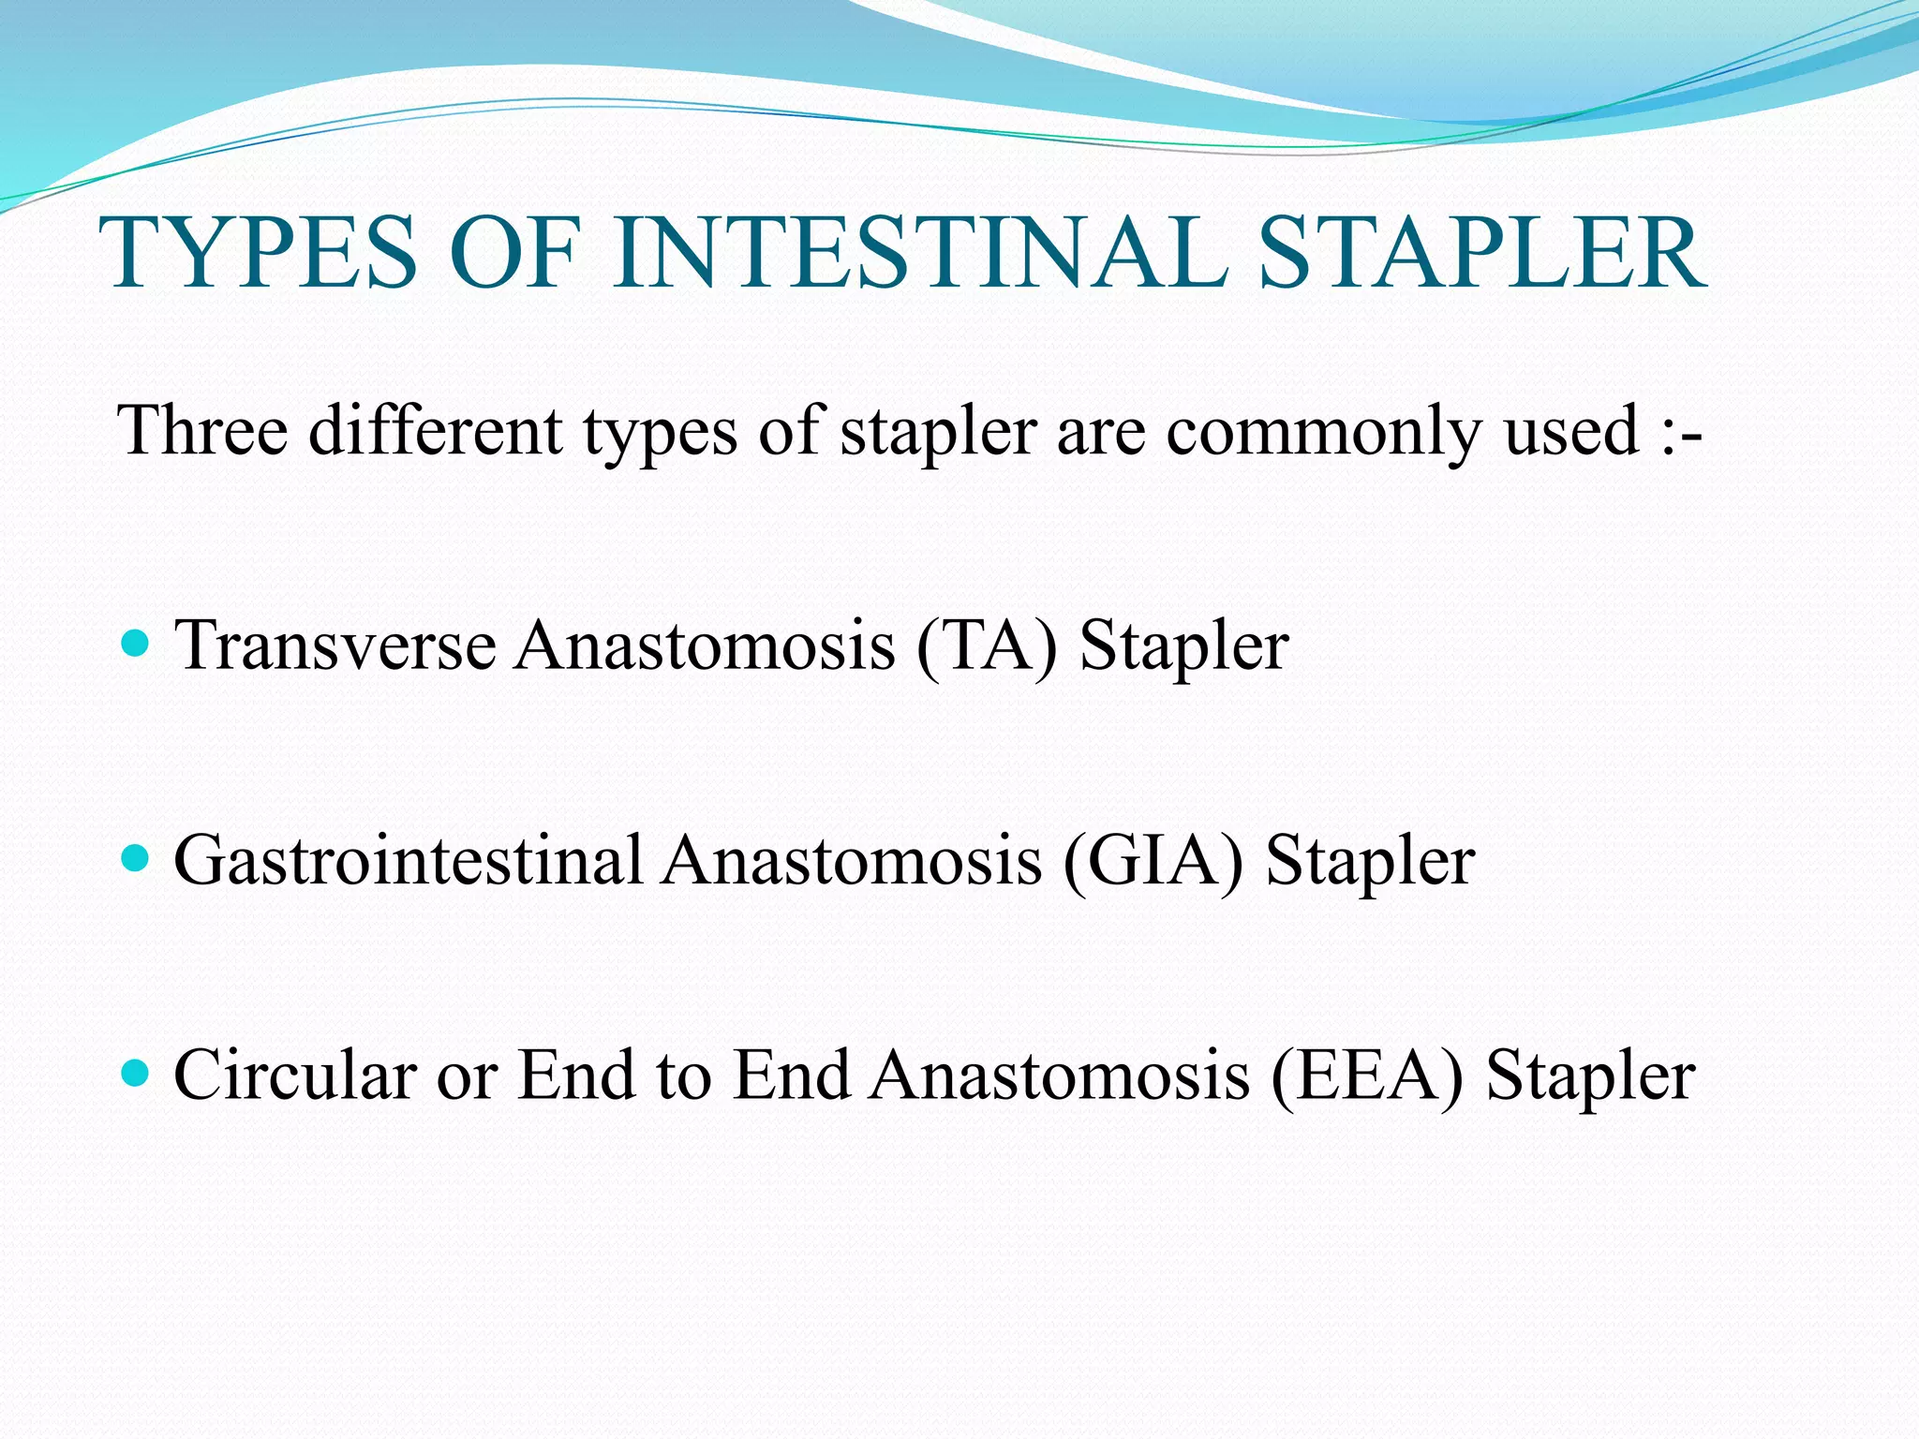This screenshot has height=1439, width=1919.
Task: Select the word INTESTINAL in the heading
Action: (x=920, y=253)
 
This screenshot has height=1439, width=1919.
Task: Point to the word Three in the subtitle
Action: (x=202, y=430)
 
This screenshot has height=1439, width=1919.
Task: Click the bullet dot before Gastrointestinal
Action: (x=136, y=858)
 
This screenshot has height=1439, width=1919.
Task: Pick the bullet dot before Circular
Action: (x=136, y=1073)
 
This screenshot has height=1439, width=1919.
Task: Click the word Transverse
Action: (x=335, y=645)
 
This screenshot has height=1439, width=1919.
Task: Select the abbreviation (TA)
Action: (x=987, y=647)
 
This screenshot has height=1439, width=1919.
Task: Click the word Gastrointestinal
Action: (x=409, y=860)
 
